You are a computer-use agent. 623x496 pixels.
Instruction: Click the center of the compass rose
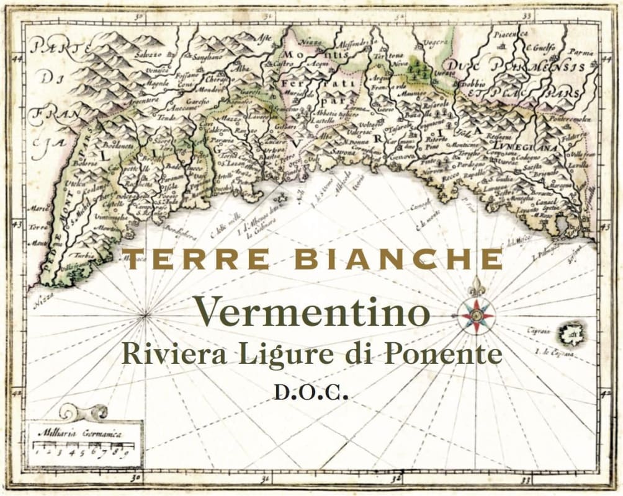pyautogui.click(x=476, y=316)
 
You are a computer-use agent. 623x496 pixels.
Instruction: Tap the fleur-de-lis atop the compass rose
pyautogui.click(x=476, y=286)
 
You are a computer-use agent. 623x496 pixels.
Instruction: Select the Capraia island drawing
pyautogui.click(x=571, y=335)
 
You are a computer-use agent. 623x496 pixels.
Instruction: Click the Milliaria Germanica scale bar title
pyautogui.click(x=86, y=433)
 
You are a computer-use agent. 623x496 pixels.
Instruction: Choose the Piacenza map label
pyautogui.click(x=511, y=34)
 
